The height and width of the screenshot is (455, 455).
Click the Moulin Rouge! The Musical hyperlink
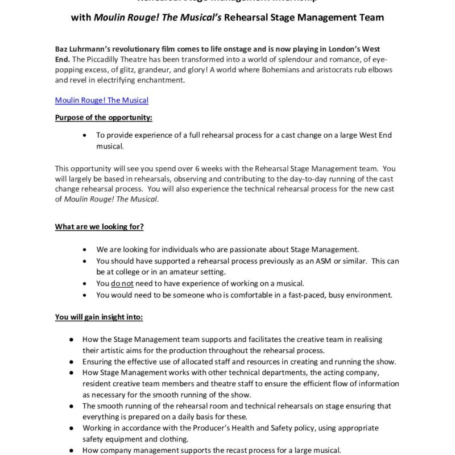tap(101, 100)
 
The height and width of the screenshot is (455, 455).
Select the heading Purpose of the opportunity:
tap(104, 118)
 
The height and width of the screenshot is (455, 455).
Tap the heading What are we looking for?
tap(99, 226)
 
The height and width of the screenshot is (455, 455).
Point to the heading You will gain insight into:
tap(99, 317)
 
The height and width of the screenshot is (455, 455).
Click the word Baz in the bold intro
tap(61, 49)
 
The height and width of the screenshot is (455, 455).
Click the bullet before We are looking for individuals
tap(85, 250)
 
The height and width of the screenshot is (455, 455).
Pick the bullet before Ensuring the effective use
tap(72, 362)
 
